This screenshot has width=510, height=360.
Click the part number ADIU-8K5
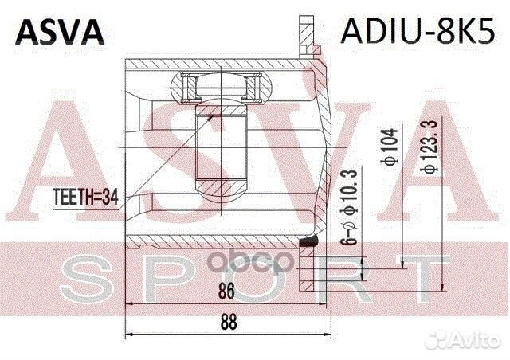418,29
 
